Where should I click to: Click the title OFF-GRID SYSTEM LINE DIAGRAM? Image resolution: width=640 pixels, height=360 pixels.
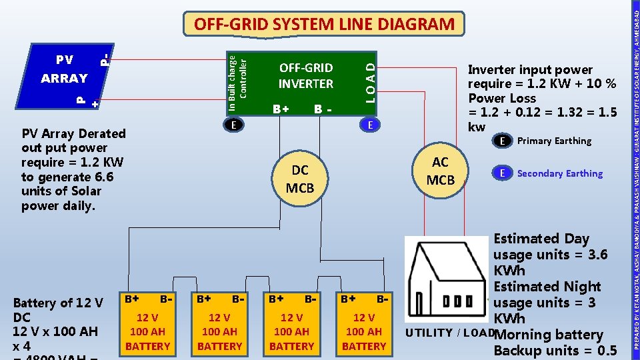(323, 25)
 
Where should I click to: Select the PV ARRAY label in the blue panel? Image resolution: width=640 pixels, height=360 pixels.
(64, 69)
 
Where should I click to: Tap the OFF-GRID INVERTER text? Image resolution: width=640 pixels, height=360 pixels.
(306, 75)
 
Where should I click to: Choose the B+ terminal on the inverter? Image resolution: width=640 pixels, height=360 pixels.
(281, 109)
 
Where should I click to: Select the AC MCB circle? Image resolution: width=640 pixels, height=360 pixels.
(440, 171)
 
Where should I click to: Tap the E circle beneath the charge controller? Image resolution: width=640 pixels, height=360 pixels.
(233, 125)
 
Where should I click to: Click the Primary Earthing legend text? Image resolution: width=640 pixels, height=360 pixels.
(554, 141)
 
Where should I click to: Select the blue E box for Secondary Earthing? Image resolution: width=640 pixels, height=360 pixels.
(502, 173)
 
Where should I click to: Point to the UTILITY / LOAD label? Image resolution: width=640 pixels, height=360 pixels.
(448, 333)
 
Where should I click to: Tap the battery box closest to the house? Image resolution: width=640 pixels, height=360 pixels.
(364, 323)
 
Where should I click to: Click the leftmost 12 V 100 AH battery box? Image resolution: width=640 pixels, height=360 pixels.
(147, 323)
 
